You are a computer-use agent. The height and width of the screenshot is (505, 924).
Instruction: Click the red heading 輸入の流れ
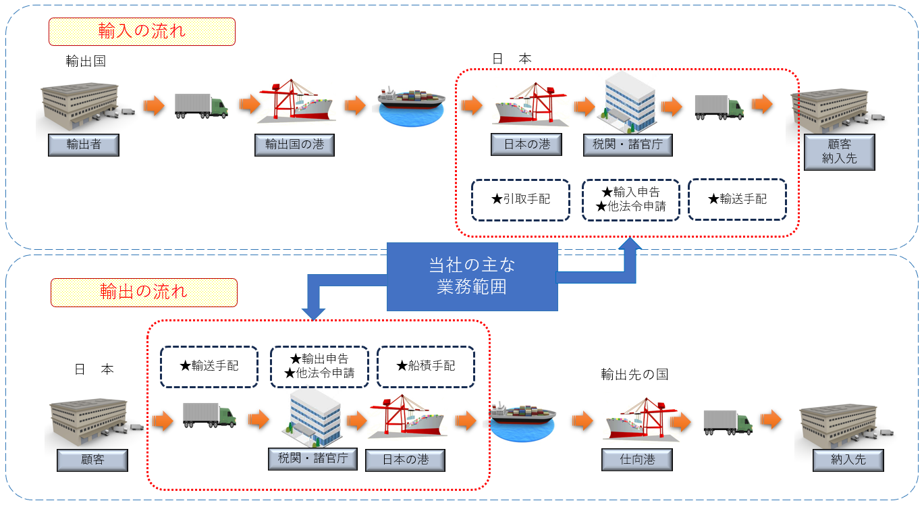pyautogui.click(x=142, y=32)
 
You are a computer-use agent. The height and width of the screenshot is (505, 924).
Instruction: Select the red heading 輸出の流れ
pyautogui.click(x=144, y=292)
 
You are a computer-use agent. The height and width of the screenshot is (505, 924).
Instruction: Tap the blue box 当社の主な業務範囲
pyautogui.click(x=472, y=276)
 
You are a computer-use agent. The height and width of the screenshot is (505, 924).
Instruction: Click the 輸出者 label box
pyautogui.click(x=84, y=145)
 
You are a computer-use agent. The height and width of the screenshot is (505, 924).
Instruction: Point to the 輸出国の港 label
pyautogui.click(x=294, y=145)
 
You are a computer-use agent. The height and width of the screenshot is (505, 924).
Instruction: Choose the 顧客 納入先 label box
pyautogui.click(x=840, y=152)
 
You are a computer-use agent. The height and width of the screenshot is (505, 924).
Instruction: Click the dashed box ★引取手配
pyautogui.click(x=520, y=200)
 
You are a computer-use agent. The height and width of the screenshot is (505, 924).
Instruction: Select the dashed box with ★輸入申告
pyautogui.click(x=630, y=200)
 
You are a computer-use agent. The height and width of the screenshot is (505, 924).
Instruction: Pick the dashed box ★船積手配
pyautogui.click(x=425, y=367)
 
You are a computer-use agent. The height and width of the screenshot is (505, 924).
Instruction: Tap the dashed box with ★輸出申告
pyautogui.click(x=319, y=367)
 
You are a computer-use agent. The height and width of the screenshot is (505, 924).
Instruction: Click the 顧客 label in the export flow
pyautogui.click(x=92, y=460)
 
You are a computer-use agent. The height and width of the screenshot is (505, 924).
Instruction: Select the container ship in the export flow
pyautogui.click(x=523, y=419)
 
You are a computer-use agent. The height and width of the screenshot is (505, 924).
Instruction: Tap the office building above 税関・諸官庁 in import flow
pyautogui.click(x=628, y=105)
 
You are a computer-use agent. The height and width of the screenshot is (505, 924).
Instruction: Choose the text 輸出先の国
pyautogui.click(x=634, y=374)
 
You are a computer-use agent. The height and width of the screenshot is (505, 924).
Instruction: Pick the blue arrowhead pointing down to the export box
pyautogui.click(x=313, y=311)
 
